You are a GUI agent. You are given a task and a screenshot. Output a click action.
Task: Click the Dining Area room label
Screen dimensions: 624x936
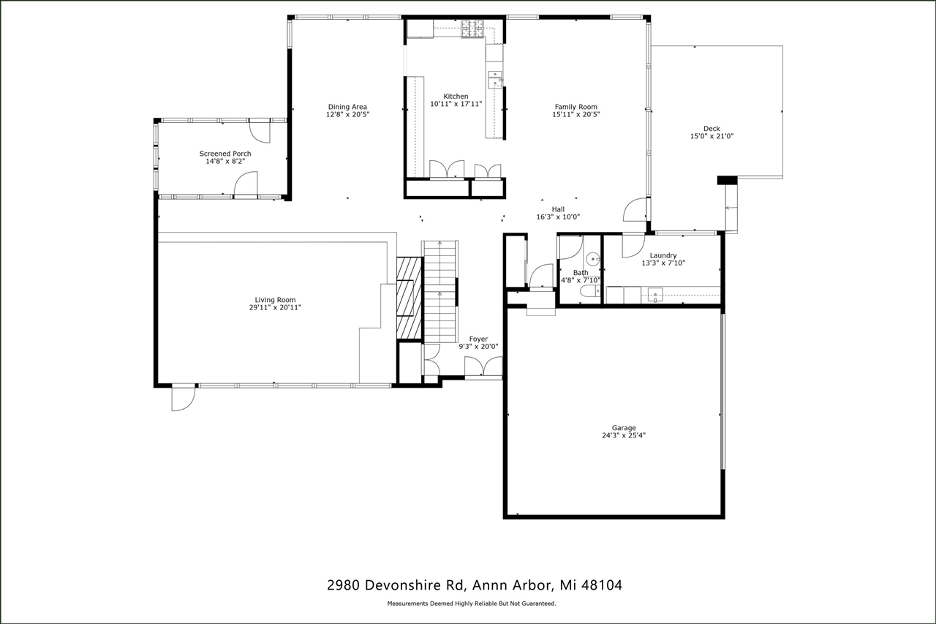coord(347,107)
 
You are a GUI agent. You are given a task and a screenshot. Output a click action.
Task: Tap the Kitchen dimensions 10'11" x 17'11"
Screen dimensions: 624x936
coord(456,104)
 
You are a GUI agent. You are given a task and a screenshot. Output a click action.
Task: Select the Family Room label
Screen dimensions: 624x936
coord(575,107)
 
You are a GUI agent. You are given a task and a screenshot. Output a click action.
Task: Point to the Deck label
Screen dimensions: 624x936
coord(712,129)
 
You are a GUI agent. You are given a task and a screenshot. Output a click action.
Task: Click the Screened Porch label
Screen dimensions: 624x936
coord(225,154)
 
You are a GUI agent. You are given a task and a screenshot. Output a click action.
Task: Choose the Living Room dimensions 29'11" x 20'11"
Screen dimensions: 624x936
coord(275,308)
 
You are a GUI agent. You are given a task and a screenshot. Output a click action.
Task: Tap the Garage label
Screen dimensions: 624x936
coord(624,428)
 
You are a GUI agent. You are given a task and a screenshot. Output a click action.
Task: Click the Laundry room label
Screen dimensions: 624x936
coord(663,255)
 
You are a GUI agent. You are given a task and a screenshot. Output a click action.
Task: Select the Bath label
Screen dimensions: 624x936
coord(580,273)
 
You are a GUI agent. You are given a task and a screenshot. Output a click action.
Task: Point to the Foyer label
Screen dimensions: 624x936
coord(478,339)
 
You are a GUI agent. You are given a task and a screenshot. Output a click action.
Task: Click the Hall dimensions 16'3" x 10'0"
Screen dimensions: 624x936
coord(558,217)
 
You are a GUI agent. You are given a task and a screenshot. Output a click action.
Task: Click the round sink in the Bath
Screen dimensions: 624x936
coord(592,258)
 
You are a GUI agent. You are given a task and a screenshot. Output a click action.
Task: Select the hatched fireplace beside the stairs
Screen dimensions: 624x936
coord(409,298)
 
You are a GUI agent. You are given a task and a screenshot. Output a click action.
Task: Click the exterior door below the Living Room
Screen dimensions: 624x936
coord(184,399)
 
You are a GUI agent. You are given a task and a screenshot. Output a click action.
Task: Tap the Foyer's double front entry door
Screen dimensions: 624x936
coord(483,368)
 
